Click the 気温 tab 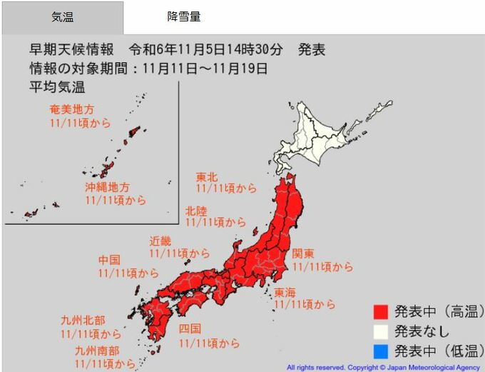coord(62,17)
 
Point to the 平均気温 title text coord(56,88)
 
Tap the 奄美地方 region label coord(71,110)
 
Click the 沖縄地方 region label coord(107,187)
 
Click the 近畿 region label coord(160,241)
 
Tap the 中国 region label coord(109,260)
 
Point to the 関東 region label coord(303,254)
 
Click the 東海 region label coord(285,292)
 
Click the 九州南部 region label coord(97,351)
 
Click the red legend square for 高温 coord(380,311)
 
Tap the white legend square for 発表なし coord(380,331)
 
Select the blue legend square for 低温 coord(380,351)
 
